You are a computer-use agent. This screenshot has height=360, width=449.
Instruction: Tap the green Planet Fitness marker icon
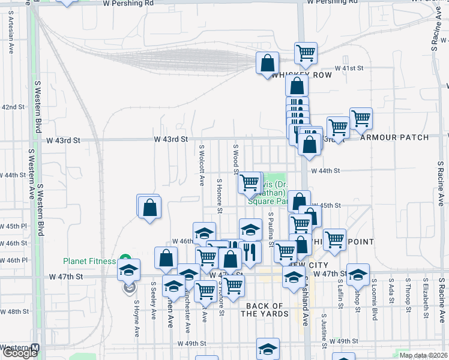(125, 259)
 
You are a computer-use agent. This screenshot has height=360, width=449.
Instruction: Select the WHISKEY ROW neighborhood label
(294, 75)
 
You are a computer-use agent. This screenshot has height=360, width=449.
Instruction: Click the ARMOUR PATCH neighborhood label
(395, 137)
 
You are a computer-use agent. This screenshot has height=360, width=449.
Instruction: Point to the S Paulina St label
(271, 229)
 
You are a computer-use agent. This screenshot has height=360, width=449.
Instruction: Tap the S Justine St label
(324, 330)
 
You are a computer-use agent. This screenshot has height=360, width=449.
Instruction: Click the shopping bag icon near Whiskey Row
(267, 62)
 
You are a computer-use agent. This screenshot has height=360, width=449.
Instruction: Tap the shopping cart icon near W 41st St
(306, 52)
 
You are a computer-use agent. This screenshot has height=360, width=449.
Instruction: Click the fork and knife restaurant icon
(250, 251)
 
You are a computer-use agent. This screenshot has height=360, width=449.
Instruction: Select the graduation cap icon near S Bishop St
(358, 274)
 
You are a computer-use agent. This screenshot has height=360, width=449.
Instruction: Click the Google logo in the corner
(20, 352)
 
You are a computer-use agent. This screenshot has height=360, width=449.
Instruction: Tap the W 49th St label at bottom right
(344, 341)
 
